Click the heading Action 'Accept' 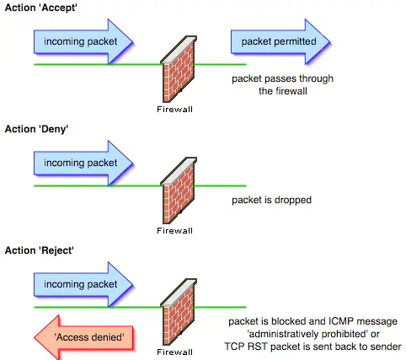41,8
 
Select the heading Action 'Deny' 36,129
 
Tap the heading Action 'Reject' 40,250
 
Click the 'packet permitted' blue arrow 280,41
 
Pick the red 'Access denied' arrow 83,337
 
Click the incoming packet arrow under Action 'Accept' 83,41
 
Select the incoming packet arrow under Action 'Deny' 83,163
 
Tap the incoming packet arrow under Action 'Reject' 83,284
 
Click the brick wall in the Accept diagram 179,69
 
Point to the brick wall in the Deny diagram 179,191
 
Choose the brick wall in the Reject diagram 179,312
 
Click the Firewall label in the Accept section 174,110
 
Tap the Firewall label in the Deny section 174,231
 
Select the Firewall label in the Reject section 174,352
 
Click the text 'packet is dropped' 271,200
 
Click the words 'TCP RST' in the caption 246,347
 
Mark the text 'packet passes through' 282,78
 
